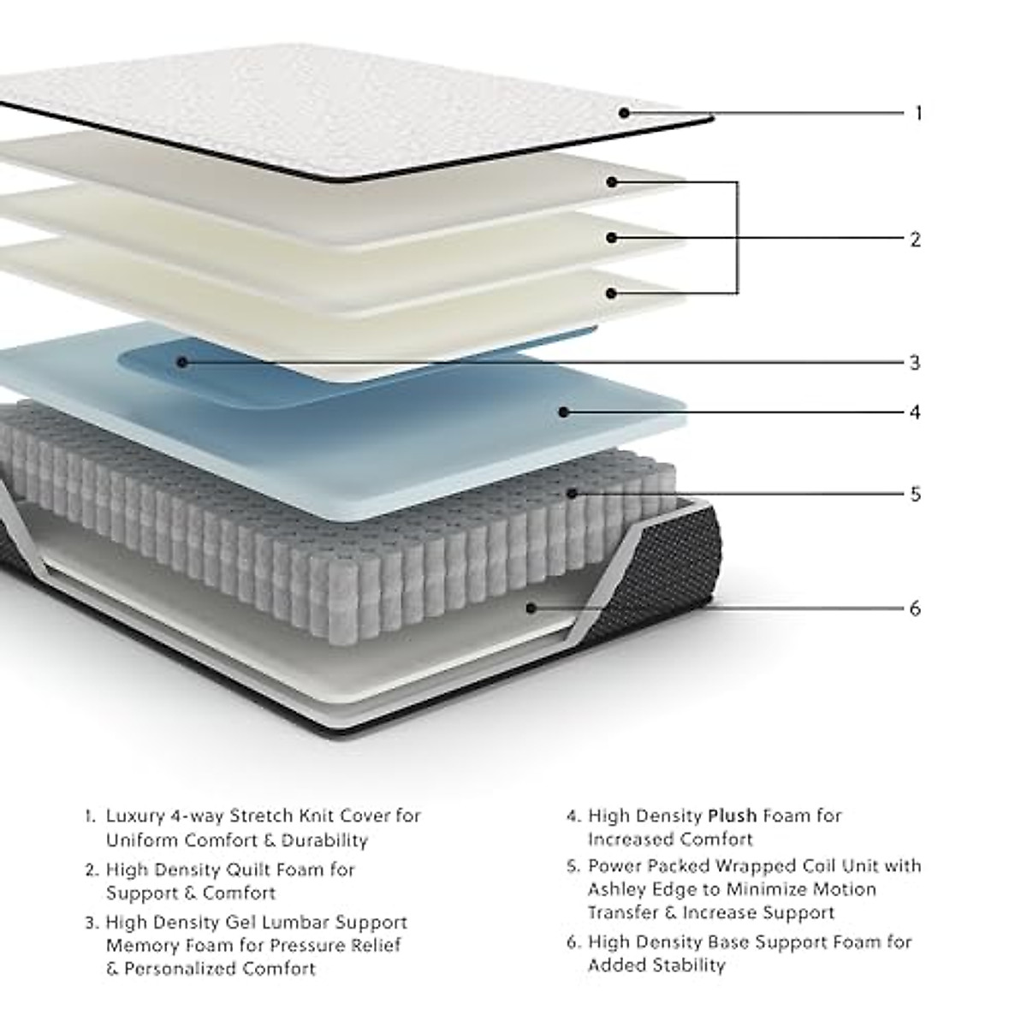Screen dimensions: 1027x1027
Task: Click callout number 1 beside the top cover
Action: click(918, 113)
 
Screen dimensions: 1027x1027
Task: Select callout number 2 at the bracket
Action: click(915, 240)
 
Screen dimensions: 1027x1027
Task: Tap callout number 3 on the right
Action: click(915, 363)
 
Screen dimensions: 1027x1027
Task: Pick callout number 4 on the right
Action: click(915, 413)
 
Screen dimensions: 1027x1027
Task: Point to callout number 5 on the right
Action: click(915, 495)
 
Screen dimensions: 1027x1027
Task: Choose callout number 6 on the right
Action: click(915, 608)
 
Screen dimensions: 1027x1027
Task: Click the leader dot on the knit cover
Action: click(625, 112)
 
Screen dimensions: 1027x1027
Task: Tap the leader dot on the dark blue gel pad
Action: click(181, 362)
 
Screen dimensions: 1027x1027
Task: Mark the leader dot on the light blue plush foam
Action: click(563, 412)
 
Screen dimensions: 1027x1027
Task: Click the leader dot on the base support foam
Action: click(531, 608)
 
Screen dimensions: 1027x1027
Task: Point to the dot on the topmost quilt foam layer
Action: click(612, 181)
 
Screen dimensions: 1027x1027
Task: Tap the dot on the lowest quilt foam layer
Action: click(611, 293)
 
